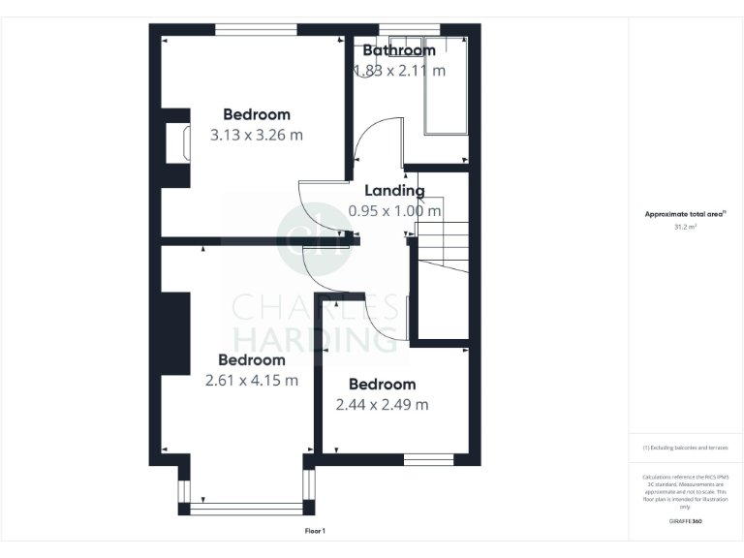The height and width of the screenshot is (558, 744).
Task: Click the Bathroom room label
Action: [399, 50]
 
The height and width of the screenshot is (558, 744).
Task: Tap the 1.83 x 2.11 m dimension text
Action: [399, 71]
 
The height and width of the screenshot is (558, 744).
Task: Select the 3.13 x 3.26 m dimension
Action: [256, 136]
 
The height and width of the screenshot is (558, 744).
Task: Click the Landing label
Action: [394, 191]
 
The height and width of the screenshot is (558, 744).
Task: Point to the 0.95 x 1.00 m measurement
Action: [394, 210]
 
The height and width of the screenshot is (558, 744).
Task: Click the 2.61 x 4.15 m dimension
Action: [251, 381]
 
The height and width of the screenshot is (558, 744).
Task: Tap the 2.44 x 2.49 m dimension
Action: [382, 405]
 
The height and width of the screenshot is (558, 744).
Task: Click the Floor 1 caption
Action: [316, 531]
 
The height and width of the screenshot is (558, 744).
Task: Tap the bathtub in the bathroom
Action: [446, 87]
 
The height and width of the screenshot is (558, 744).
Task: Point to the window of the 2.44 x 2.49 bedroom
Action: [428, 459]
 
